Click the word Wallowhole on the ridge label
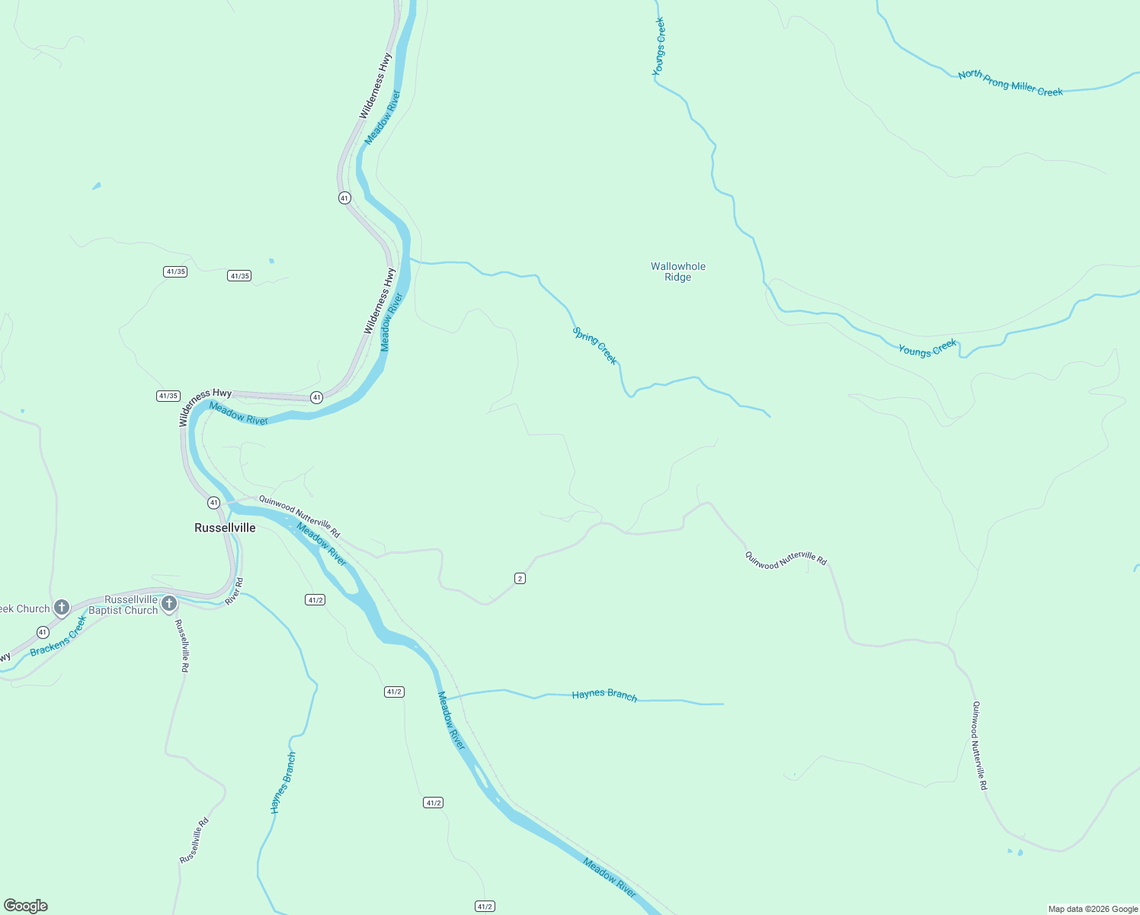[x=678, y=266]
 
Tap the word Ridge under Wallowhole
[x=677, y=278]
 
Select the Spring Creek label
[x=595, y=345]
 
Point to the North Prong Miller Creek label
[x=1010, y=83]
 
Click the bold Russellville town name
[x=225, y=528]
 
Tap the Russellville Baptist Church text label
[x=123, y=605]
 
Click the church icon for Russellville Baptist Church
[x=169, y=604]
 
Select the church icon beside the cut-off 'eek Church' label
[x=62, y=608]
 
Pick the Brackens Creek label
[x=59, y=637]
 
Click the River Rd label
[x=235, y=592]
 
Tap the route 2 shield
[x=520, y=579]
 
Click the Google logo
[x=26, y=906]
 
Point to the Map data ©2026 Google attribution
[x=1093, y=909]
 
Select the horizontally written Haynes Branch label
[x=604, y=695]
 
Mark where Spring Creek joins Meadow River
[x=411, y=260]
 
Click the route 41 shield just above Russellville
[x=213, y=502]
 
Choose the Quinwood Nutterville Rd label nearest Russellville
[x=299, y=516]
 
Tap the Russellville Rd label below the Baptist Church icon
[x=182, y=645]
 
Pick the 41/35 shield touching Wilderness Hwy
[x=168, y=396]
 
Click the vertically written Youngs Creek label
[x=659, y=47]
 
